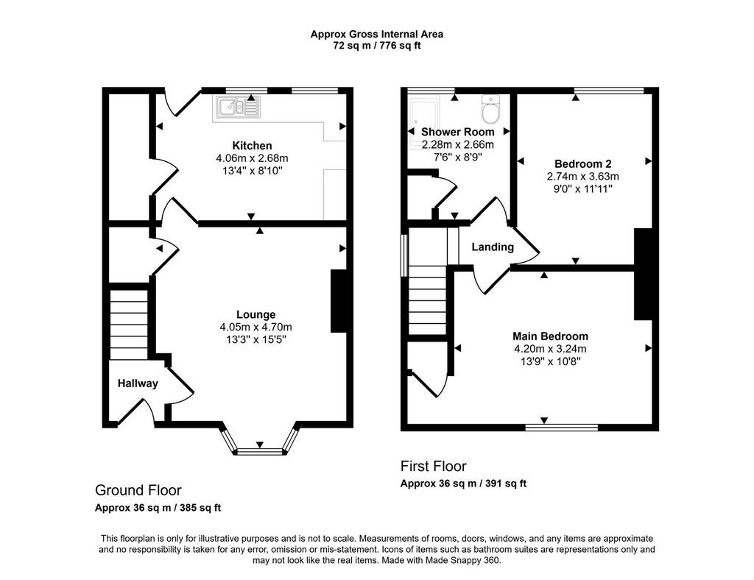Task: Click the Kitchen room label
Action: pos(252,146)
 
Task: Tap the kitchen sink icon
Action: pos(238,107)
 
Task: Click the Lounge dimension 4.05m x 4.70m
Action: pos(256,328)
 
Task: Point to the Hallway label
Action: pos(138,383)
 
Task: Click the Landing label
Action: pos(493,247)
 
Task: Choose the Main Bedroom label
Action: pos(550,336)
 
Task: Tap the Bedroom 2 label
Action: pos(583,164)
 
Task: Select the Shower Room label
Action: pos(458,132)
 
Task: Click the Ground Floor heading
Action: pos(138,490)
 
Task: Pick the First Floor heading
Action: pos(433,466)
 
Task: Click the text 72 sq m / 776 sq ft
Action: pos(377,46)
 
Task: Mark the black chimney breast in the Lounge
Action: pos(338,301)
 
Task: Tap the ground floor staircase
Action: pos(129,325)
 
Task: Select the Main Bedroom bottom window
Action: pos(562,427)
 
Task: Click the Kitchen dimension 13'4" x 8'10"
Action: pos(253,171)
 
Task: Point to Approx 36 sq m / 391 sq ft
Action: pos(463,484)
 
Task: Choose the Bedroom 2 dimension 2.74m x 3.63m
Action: pos(583,177)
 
